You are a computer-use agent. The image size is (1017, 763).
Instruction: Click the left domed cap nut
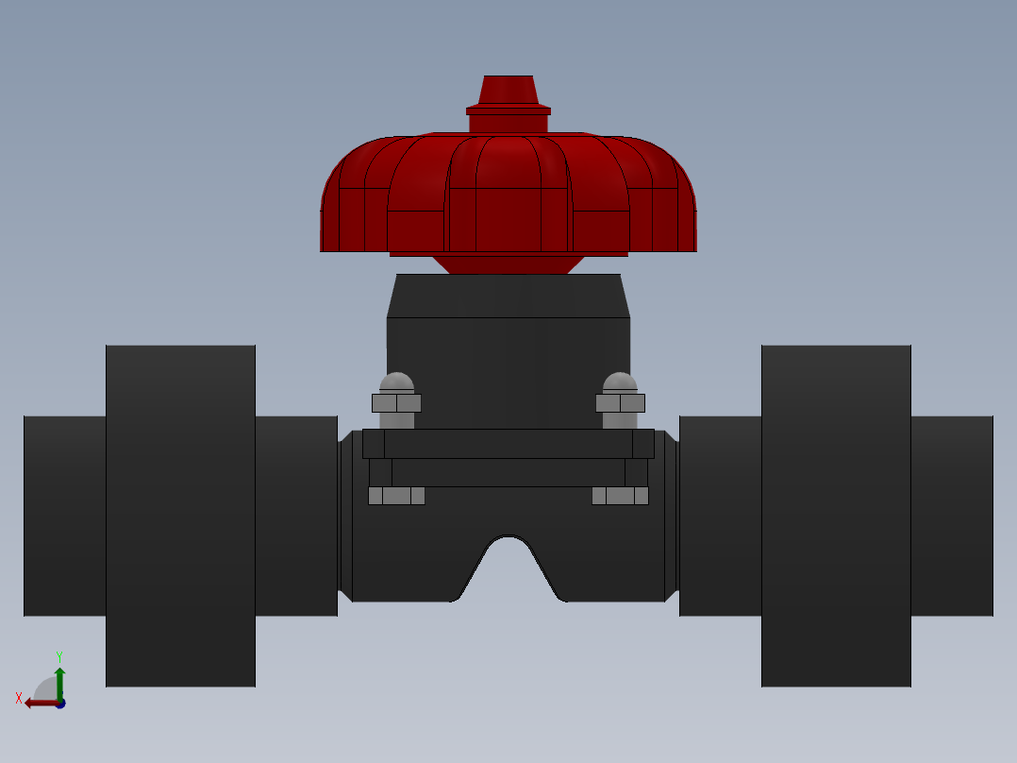[396, 381]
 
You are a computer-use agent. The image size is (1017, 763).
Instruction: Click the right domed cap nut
[620, 381]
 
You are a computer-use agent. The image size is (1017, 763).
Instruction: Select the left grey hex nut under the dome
[396, 403]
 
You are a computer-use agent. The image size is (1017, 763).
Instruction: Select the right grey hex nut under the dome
[620, 403]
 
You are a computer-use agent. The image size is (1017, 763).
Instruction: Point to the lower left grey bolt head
[396, 496]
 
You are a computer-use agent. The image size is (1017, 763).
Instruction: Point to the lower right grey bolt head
[620, 496]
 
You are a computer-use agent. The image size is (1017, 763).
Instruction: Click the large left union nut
[180, 515]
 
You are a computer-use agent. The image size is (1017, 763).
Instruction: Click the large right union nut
[836, 515]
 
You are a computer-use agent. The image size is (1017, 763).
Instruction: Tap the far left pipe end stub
[64, 515]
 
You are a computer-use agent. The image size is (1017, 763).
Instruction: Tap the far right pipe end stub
[951, 515]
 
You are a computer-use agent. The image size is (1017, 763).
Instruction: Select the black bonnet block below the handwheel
[508, 368]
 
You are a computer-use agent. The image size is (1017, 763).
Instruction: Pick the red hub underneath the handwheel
[508, 263]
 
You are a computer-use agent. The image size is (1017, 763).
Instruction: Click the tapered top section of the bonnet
[508, 296]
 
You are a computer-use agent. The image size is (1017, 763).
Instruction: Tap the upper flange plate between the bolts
[508, 444]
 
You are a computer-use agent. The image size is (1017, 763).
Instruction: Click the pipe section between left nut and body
[295, 515]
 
